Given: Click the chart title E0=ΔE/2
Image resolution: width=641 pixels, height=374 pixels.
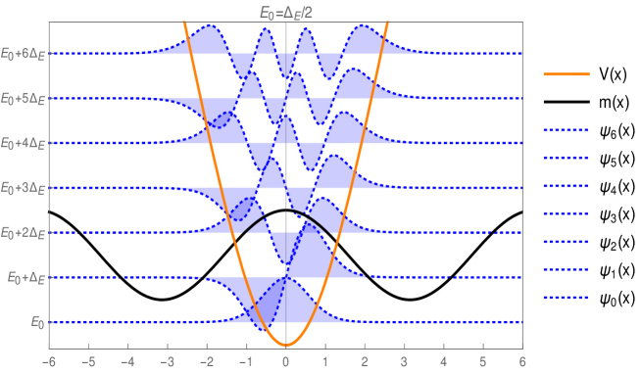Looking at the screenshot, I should pos(285,11).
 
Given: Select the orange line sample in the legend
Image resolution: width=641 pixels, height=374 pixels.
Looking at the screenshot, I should pos(566,74).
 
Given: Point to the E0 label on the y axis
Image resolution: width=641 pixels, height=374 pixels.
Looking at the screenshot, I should pos(36,321).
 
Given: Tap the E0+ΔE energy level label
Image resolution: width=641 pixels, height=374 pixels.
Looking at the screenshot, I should pos(26,277).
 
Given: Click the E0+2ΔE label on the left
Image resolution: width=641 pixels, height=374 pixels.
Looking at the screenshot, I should pos(24,232).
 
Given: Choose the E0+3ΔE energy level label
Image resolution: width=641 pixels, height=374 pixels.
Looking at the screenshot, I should pos(24,187).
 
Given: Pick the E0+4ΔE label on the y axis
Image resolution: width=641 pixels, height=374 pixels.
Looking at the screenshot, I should pos(24,143).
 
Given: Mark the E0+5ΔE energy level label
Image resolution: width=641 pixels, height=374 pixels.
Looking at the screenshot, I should pos(24,99).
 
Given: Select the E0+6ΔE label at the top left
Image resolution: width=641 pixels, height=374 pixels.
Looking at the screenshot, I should pos(24,54).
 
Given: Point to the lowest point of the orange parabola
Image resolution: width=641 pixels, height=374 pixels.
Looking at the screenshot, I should pos(285,345).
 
